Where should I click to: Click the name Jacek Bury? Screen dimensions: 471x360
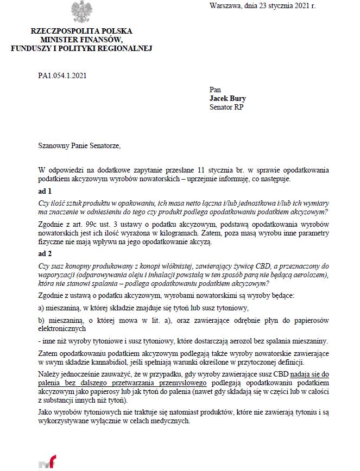click(x=228, y=99)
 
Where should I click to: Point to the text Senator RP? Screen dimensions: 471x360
click(x=226, y=107)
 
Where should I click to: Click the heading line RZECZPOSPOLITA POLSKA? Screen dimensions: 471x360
click(x=81, y=31)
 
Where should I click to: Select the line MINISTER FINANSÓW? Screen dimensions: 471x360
click(x=81, y=40)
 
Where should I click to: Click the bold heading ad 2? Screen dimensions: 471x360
click(x=45, y=253)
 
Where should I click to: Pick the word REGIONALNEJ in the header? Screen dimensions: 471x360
click(x=126, y=48)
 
